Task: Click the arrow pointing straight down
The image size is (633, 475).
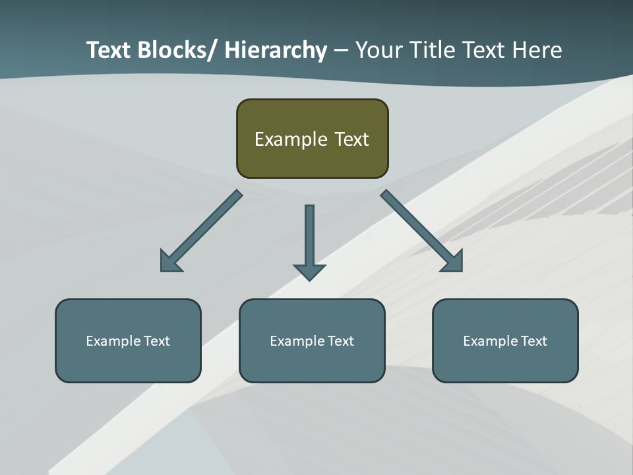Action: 309,237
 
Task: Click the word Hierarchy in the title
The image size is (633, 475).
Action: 275,50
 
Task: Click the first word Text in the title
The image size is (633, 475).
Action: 109,50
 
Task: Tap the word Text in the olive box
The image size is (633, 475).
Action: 351,139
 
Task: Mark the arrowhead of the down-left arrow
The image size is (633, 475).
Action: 169,262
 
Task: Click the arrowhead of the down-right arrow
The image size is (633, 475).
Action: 454,262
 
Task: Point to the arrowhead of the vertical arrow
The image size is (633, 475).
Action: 309,272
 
